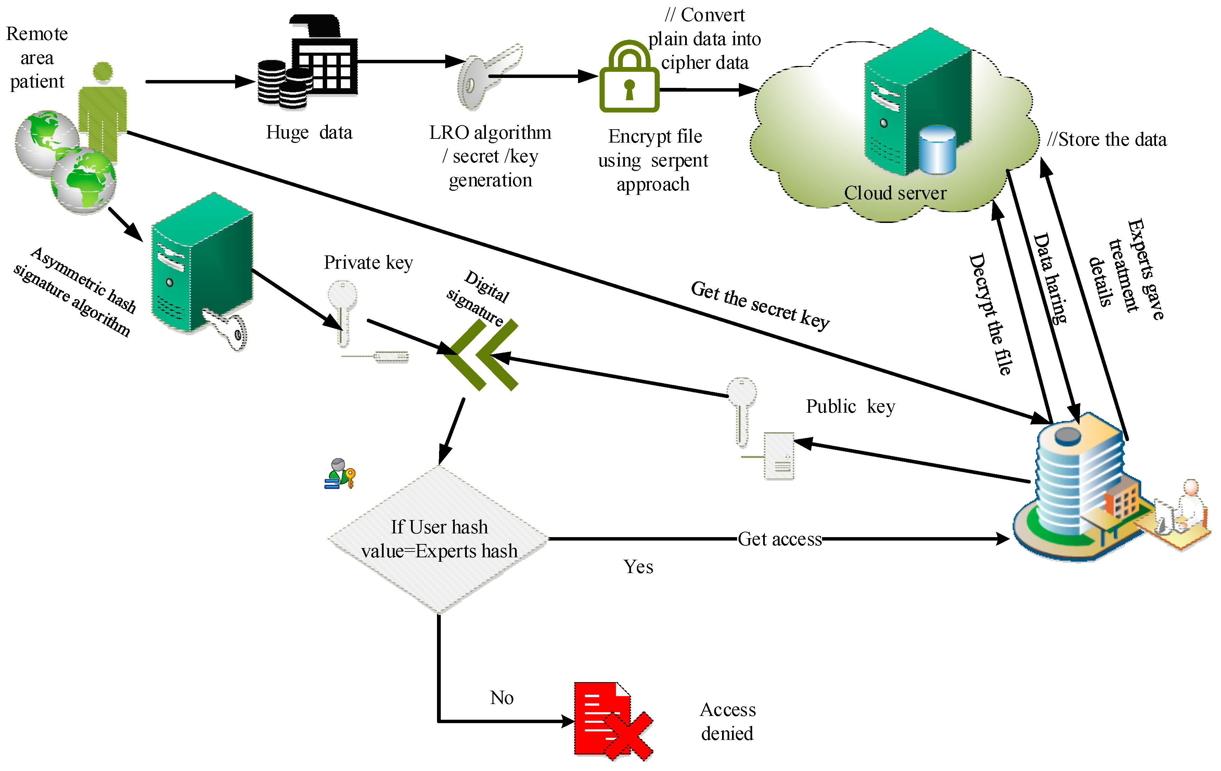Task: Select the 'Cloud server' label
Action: coord(895,193)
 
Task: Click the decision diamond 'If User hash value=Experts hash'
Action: coord(439,539)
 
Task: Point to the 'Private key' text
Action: coord(369,262)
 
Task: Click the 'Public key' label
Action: coord(850,406)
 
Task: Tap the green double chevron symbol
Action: coord(482,355)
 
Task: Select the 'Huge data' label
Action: coord(309,132)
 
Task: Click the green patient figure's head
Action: coord(103,72)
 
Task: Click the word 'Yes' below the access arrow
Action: coord(638,567)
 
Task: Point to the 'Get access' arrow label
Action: coord(780,539)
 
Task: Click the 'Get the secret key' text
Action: coord(760,305)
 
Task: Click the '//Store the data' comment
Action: coord(1107,139)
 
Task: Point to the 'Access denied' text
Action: coord(728,721)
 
